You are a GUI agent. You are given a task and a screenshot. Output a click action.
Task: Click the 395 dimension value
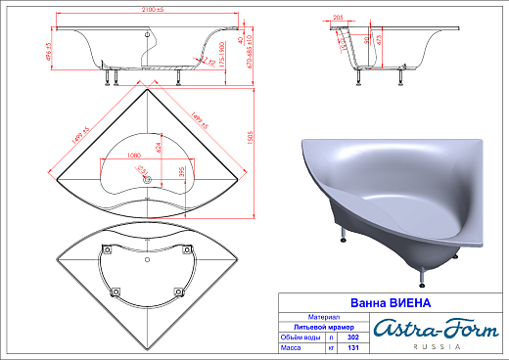(180, 171)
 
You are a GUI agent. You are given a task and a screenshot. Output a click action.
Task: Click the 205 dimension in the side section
(338, 18)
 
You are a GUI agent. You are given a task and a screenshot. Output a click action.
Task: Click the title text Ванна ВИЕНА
(377, 302)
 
